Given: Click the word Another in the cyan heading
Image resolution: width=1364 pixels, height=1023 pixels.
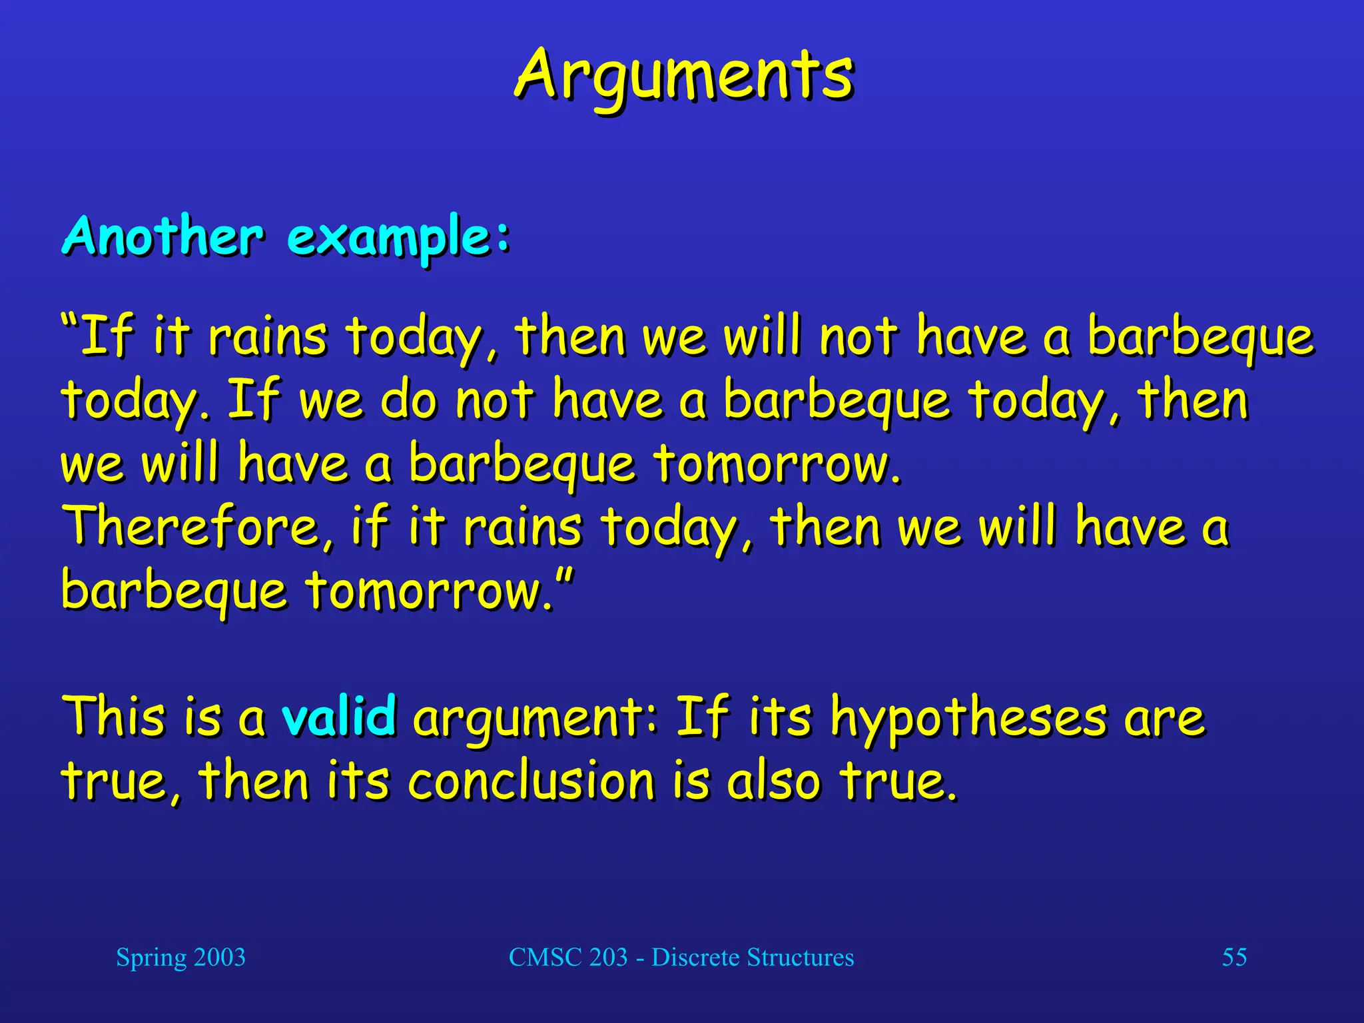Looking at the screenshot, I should pos(163,236).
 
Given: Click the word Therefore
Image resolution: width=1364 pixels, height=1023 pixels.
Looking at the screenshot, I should pos(193,526).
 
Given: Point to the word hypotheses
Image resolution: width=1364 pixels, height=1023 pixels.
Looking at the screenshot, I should pos(969,719).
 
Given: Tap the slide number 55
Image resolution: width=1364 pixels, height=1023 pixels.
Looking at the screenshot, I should pos(1233,957).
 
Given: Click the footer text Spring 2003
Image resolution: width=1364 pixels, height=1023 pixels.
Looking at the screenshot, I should pos(180,957).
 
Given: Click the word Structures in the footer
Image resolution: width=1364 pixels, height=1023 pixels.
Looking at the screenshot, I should pos(800,957).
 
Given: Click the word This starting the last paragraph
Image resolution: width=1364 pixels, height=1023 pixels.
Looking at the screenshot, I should pos(113,717).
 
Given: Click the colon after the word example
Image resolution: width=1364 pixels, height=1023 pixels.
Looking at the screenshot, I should pos(503,237).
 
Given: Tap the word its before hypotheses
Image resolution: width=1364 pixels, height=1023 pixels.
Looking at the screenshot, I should pos(780,717).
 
